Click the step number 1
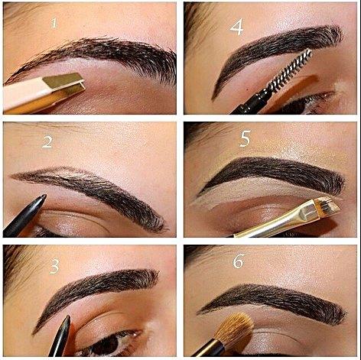click(x=54, y=23)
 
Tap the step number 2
click(x=47, y=142)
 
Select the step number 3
click(x=54, y=267)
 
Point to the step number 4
click(x=236, y=27)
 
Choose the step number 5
click(x=245, y=138)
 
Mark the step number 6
click(x=239, y=261)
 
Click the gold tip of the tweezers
click(x=63, y=83)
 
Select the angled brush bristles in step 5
click(x=327, y=208)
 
